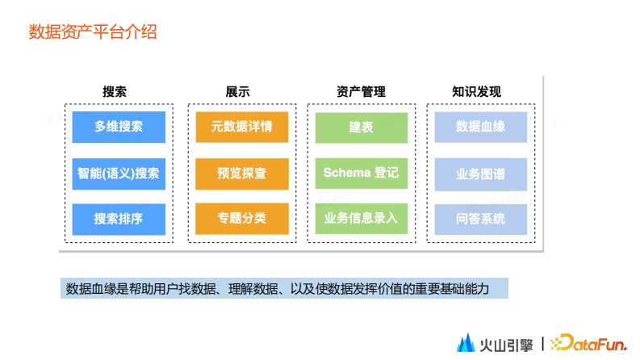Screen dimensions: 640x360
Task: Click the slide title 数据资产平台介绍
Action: (x=93, y=31)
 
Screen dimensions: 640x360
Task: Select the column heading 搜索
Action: (x=115, y=91)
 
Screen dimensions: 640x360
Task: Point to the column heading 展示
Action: (x=237, y=91)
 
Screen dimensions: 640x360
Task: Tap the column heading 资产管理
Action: (x=361, y=91)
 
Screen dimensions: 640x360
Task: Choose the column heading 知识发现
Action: (x=476, y=91)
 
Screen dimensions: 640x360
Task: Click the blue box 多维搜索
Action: (x=119, y=127)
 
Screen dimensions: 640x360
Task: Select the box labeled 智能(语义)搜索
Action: (x=119, y=174)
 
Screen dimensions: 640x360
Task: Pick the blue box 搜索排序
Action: (x=119, y=219)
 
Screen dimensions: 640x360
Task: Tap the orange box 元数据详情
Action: (x=242, y=127)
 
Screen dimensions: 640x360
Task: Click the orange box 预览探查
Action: (x=242, y=174)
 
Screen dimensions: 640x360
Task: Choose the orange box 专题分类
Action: (x=242, y=219)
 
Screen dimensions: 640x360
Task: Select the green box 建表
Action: (x=362, y=128)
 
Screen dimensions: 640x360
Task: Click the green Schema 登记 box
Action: (x=362, y=173)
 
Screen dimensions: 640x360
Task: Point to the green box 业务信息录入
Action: (x=362, y=219)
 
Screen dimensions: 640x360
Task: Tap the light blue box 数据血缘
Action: (x=481, y=127)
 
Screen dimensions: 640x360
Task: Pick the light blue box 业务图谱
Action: (x=481, y=174)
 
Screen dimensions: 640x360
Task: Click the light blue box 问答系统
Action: (x=481, y=220)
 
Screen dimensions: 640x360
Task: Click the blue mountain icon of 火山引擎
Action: (x=466, y=343)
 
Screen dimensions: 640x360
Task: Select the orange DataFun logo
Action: (x=588, y=343)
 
